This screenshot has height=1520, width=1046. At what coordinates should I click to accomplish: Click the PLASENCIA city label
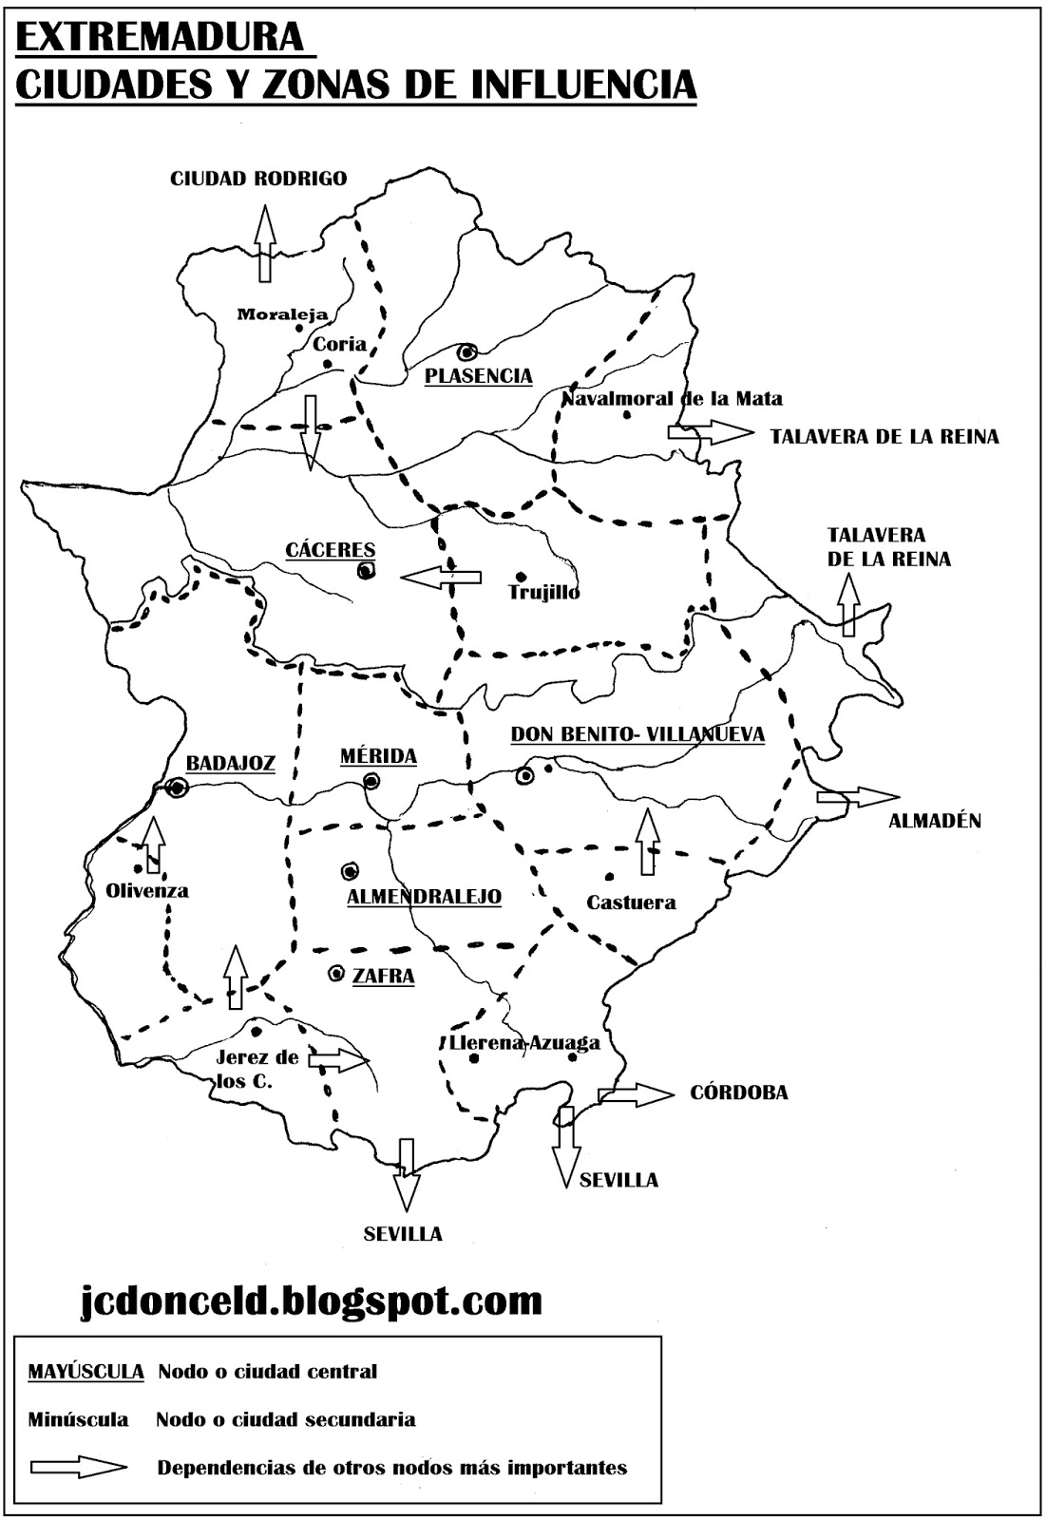click(478, 376)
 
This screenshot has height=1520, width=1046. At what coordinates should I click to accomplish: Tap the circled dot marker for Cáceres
click(365, 571)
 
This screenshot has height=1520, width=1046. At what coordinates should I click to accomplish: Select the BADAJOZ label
click(230, 763)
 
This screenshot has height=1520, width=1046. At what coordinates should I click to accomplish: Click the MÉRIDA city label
click(378, 756)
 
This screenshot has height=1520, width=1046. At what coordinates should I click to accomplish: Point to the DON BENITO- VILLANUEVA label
click(637, 734)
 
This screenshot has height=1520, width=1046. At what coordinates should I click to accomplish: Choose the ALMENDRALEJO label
click(424, 897)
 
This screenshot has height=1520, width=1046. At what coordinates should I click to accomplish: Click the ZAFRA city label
click(384, 976)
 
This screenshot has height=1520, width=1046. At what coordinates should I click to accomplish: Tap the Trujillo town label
click(543, 593)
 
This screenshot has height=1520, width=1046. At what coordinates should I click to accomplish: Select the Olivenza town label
click(147, 891)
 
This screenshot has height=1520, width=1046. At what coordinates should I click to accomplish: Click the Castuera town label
click(631, 902)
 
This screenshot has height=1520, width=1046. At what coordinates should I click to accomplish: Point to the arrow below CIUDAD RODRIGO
click(265, 245)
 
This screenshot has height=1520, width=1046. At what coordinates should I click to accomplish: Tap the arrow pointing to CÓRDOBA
click(635, 1094)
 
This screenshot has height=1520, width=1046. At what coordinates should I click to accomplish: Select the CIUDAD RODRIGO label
click(258, 179)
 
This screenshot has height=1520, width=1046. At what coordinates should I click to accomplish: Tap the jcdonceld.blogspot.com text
click(310, 1299)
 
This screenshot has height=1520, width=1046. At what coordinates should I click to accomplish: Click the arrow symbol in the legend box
click(78, 1468)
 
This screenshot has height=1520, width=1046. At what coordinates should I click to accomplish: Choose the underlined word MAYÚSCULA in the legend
click(86, 1372)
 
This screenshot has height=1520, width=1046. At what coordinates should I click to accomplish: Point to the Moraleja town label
click(282, 314)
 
